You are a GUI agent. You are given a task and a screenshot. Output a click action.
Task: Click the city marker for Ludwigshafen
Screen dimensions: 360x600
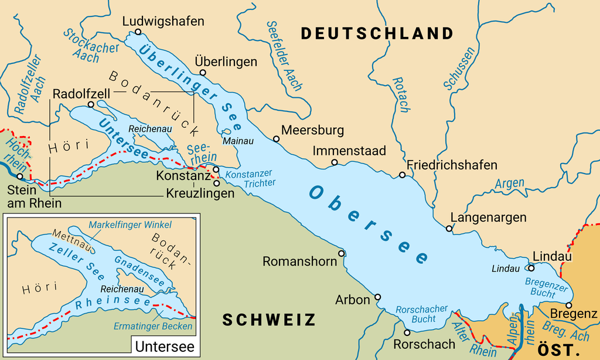tap(138, 32)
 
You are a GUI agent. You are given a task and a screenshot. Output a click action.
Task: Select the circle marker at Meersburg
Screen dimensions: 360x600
tap(276, 139)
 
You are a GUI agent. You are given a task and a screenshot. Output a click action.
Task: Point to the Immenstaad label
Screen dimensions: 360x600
tap(349, 151)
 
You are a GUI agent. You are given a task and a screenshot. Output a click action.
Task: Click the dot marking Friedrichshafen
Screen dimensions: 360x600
tap(402, 175)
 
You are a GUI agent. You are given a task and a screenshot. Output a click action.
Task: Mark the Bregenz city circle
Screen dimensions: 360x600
tap(568, 305)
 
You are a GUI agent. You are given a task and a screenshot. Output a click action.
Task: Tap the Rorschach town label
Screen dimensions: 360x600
tap(424, 344)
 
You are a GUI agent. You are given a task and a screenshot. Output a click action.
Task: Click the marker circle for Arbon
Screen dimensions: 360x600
tap(377, 297)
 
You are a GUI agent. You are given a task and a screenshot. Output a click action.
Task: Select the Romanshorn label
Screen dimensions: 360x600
tap(299, 261)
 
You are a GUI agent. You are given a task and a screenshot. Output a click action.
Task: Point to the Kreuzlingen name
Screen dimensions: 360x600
tap(200, 193)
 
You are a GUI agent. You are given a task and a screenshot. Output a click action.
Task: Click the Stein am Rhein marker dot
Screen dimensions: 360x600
tap(20, 176)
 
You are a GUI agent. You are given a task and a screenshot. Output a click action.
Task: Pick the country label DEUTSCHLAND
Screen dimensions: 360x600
tap(377, 33)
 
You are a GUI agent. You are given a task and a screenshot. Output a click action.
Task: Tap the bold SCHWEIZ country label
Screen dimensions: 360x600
tap(269, 320)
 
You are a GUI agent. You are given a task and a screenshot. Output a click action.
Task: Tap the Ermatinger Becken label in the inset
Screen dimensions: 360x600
tap(154, 326)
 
